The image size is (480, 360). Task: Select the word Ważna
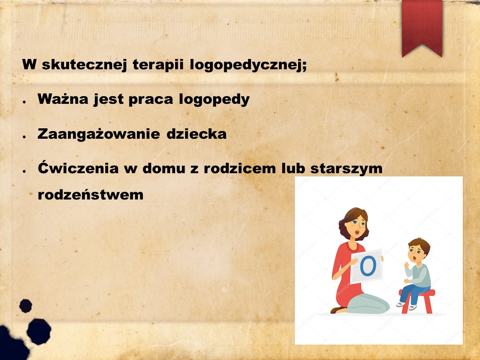63,99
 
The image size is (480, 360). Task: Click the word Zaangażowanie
98,134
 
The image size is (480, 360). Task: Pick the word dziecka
196,134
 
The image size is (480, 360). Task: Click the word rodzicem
240,168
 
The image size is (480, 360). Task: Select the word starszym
346,169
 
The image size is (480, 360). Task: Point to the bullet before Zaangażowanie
24,137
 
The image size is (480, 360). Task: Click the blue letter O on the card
367,266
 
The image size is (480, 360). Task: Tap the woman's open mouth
357,234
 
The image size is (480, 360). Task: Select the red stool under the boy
417,302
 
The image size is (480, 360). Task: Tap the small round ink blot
26,306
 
